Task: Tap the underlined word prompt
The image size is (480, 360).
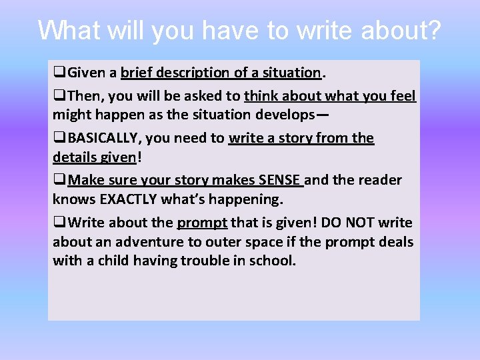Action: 202,222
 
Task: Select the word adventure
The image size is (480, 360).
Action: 142,241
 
